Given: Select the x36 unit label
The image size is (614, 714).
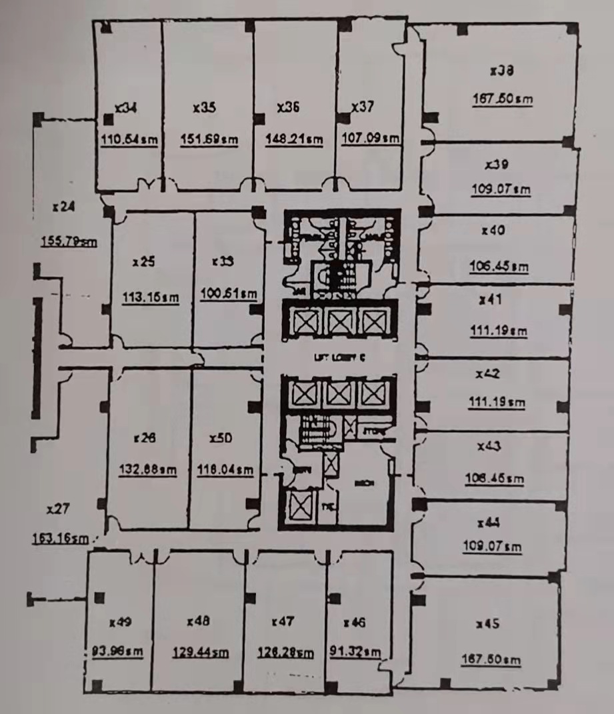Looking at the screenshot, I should (288, 107).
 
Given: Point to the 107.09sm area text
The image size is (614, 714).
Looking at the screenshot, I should (370, 139).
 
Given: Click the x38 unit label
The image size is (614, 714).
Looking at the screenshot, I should (501, 69).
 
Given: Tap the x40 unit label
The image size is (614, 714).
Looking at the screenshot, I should (493, 231).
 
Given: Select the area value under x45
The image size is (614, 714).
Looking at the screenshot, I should (491, 659).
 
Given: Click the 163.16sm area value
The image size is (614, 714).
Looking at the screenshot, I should (59, 538).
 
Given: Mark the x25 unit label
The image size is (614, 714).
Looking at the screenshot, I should (143, 262).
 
